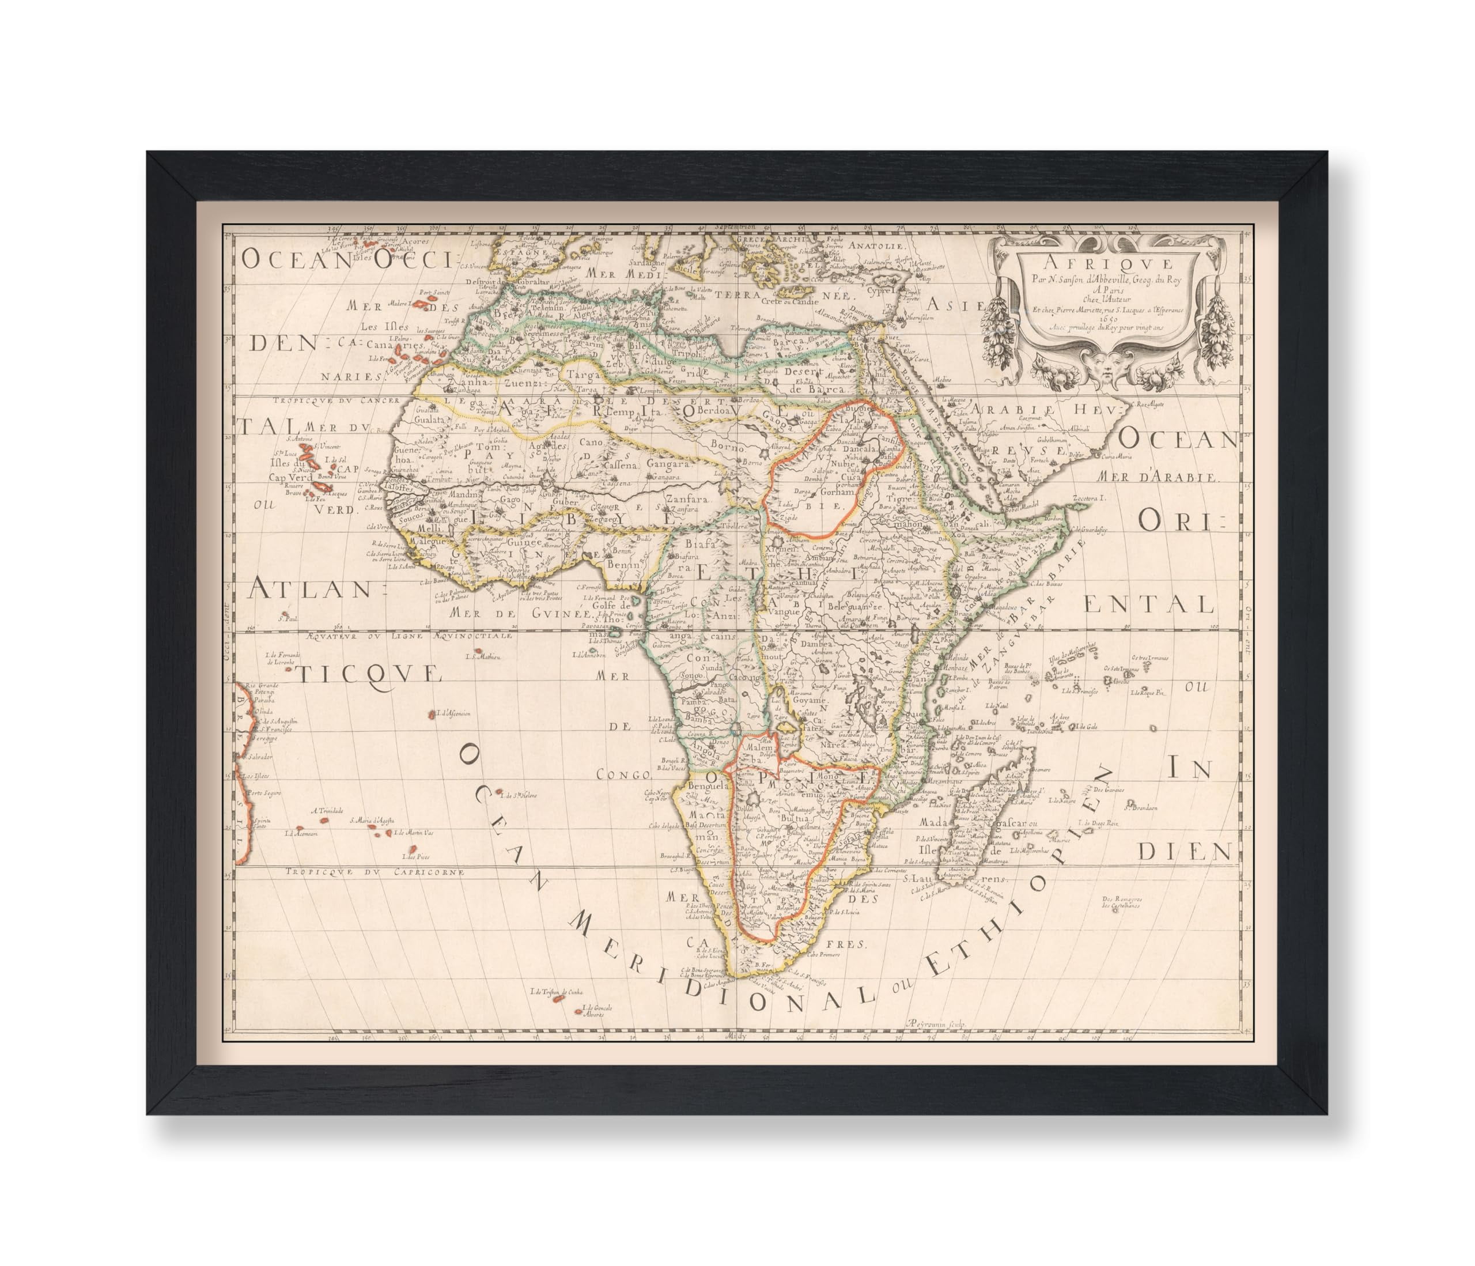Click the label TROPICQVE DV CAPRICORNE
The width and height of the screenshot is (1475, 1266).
tap(375, 871)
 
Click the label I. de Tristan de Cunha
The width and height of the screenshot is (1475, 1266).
tap(557, 992)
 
